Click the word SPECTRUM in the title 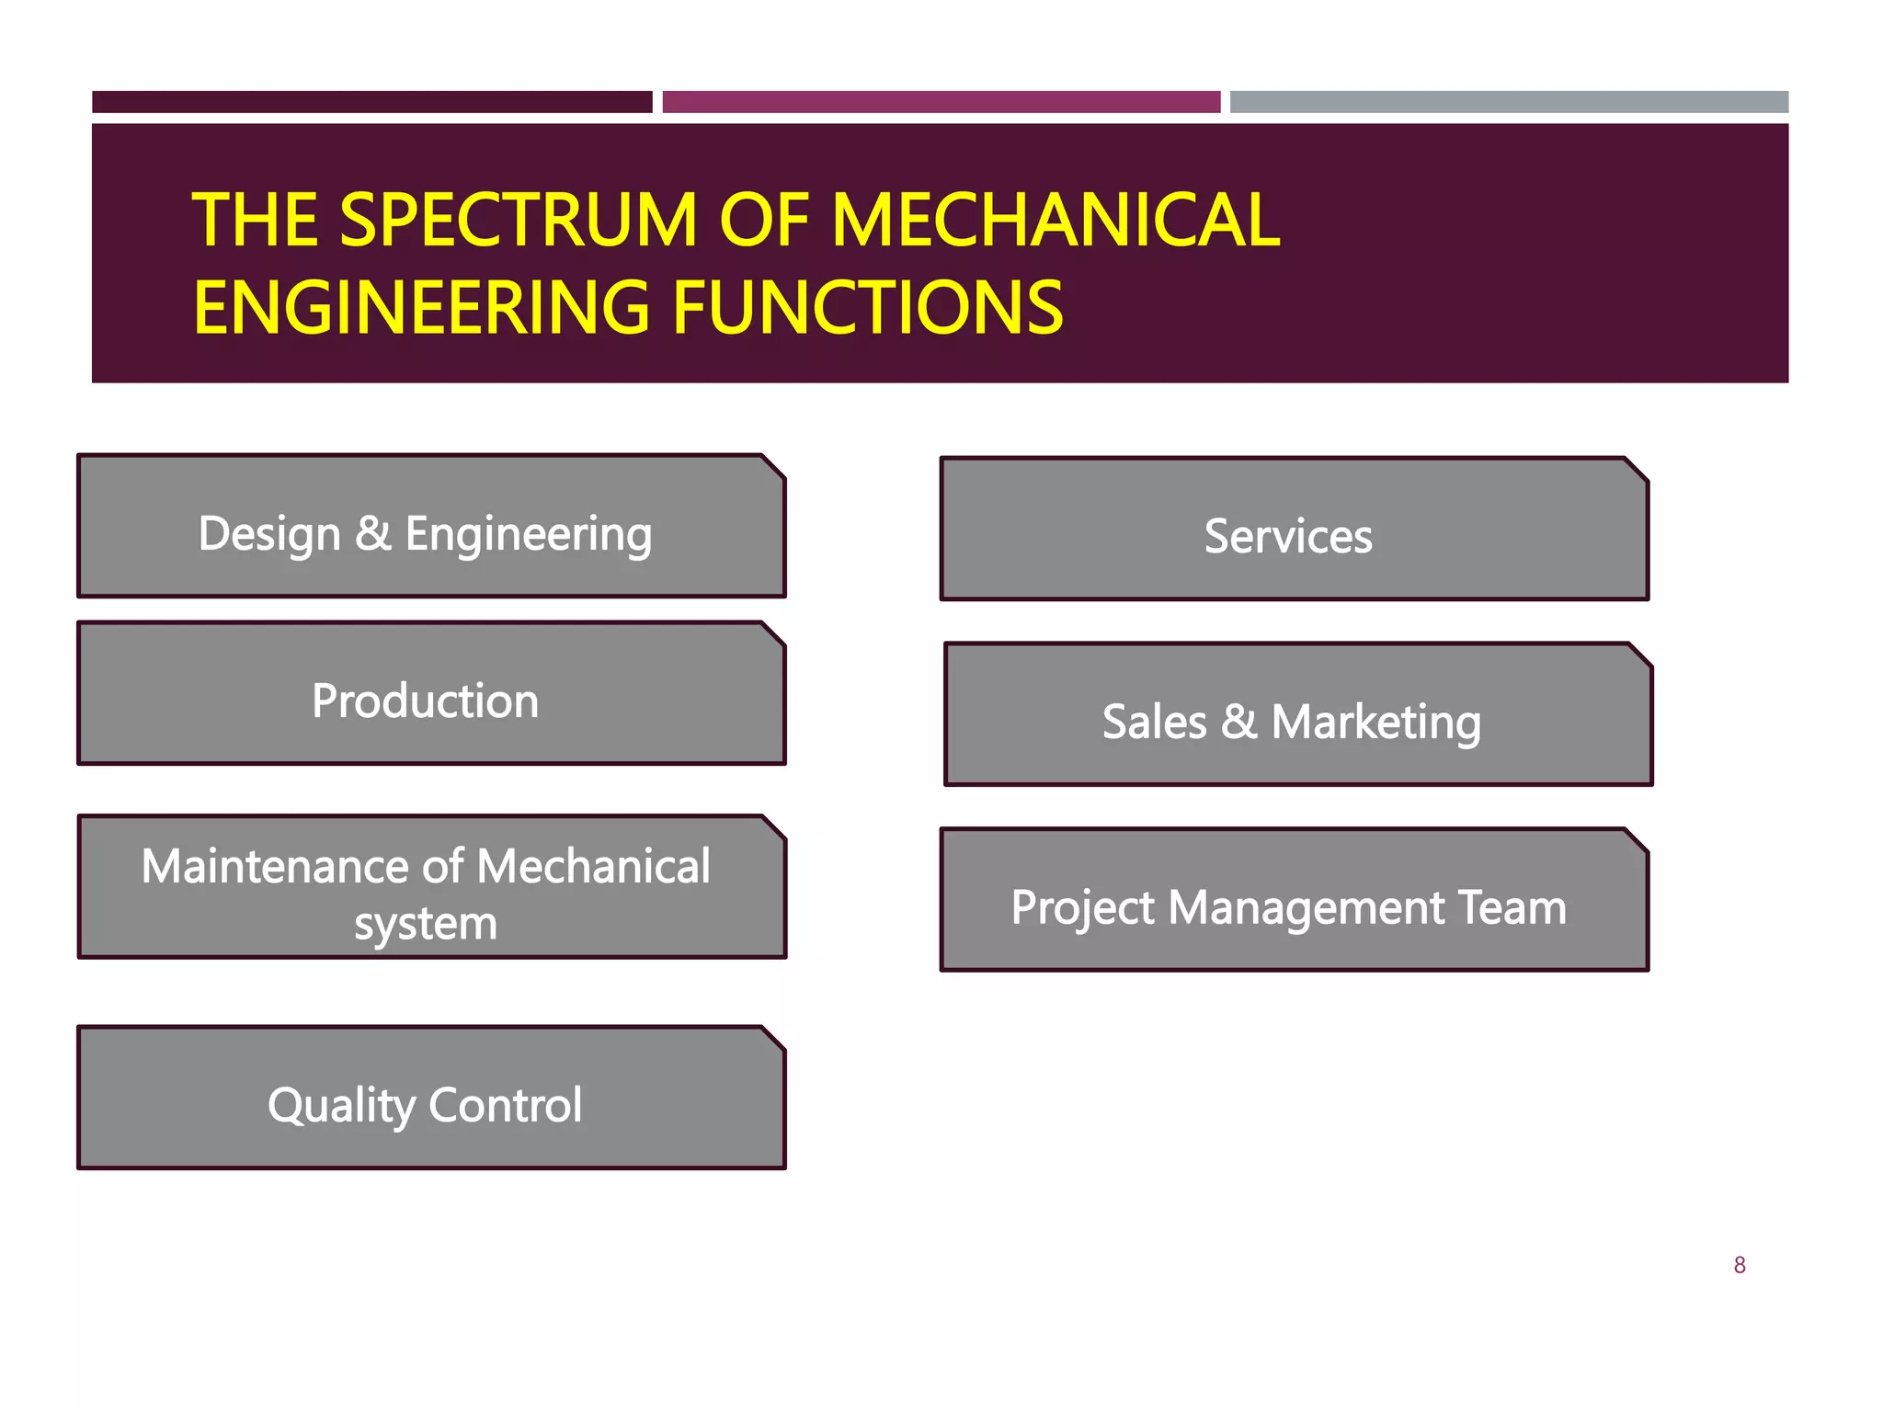coord(519,221)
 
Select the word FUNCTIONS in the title coord(868,308)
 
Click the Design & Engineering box coord(431,527)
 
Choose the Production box coord(431,694)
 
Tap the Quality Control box coord(431,1099)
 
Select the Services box coord(1294,529)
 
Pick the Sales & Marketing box coord(1297,715)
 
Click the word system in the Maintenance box coord(426,924)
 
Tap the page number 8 coord(1740,1266)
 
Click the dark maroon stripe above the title coord(371,102)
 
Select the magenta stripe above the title coord(941,102)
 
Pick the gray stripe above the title coord(1509,102)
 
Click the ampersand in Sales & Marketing coord(1238,722)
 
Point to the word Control coord(505,1105)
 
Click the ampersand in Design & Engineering coord(373,533)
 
